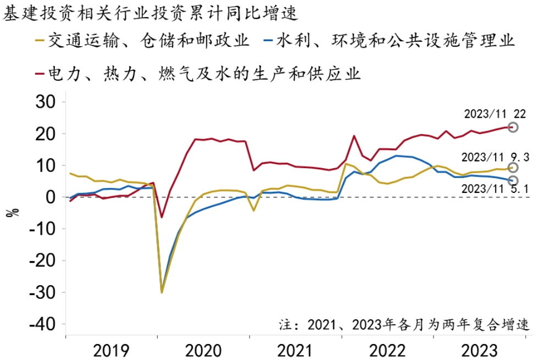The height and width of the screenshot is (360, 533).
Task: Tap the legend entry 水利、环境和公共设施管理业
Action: (396, 41)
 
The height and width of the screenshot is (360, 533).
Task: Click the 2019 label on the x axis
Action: (112, 350)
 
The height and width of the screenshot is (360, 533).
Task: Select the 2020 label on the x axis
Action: (203, 350)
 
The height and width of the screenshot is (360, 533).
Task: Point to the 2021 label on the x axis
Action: (296, 350)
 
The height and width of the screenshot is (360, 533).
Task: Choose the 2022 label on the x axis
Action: (387, 350)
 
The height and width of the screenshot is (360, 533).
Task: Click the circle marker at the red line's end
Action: (513, 127)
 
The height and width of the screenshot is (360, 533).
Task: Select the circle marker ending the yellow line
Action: (513, 168)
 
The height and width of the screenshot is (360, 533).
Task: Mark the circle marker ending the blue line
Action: (513, 181)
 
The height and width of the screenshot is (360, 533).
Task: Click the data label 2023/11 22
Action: (494, 114)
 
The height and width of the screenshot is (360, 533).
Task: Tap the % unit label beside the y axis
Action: (12, 212)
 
